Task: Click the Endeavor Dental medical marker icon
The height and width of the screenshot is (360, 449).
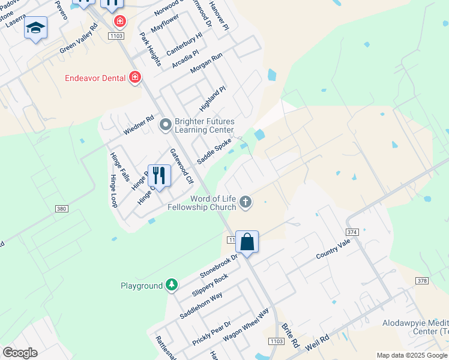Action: [x=135, y=77]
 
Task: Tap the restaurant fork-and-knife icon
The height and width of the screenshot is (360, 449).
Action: [x=159, y=175]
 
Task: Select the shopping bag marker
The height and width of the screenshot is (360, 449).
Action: [x=247, y=242]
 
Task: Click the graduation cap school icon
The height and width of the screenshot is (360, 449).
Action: [x=35, y=28]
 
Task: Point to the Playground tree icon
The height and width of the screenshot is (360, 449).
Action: [x=172, y=284]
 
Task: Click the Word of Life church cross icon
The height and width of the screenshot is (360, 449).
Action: [x=245, y=202]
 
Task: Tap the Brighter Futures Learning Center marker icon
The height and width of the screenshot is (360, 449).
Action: [x=166, y=125]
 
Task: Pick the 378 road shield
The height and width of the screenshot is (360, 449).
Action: [x=423, y=281]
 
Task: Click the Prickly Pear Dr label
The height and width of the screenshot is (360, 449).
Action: [x=211, y=332]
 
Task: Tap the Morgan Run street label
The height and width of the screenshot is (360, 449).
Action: [x=206, y=63]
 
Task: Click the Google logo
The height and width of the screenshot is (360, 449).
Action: [x=20, y=353]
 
